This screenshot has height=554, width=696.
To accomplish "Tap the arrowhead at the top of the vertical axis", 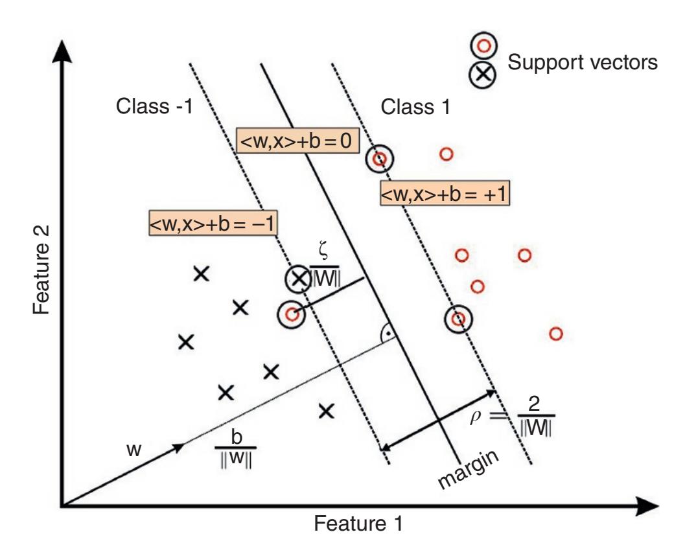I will [x=61, y=54].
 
